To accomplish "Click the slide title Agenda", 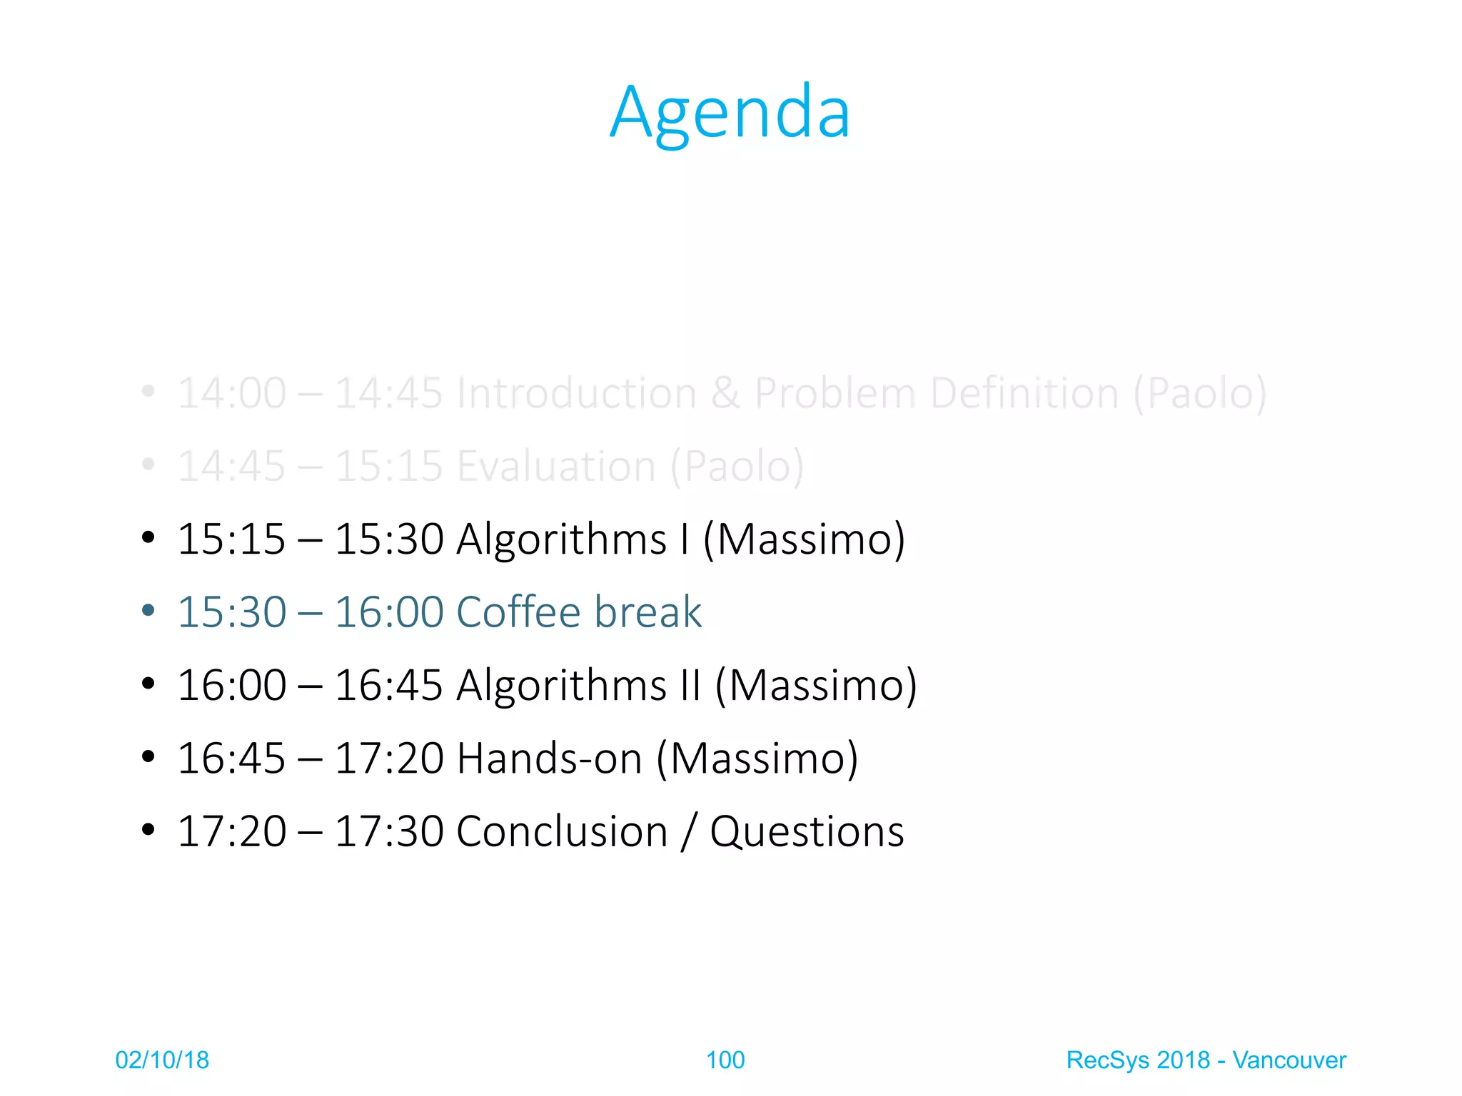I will pyautogui.click(x=730, y=113).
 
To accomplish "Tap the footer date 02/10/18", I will pyautogui.click(x=162, y=1060).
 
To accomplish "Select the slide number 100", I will pyautogui.click(x=725, y=1060).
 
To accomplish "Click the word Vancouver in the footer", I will pyautogui.click(x=1289, y=1060).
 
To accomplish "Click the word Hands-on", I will pyautogui.click(x=549, y=758).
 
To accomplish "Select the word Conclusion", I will pyautogui.click(x=562, y=832).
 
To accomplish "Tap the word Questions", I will pyautogui.click(x=807, y=832).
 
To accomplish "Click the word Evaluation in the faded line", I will pyautogui.click(x=556, y=467).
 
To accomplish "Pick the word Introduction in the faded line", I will pyautogui.click(x=576, y=393).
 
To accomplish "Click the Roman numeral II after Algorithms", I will pyautogui.click(x=690, y=685).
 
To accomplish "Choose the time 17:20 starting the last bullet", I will pyautogui.click(x=231, y=832).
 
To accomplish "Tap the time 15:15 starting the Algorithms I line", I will pyautogui.click(x=231, y=539).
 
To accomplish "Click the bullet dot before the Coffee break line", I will pyautogui.click(x=148, y=611).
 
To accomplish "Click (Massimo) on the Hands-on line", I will pyautogui.click(x=757, y=758).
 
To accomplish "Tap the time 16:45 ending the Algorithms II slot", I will pyautogui.click(x=388, y=685).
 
